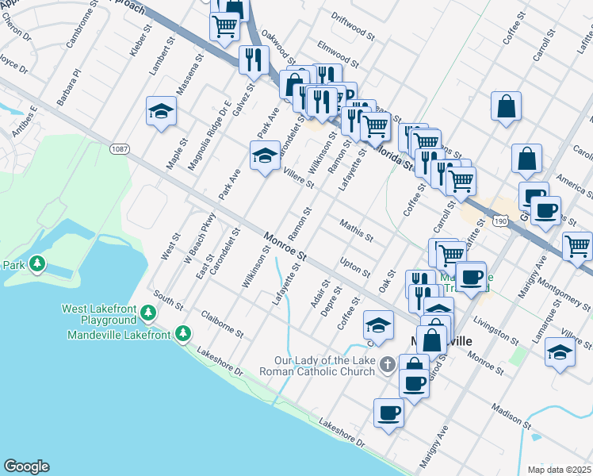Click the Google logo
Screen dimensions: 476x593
(x=26, y=466)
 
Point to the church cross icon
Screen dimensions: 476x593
(x=387, y=365)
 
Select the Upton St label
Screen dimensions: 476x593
(x=354, y=267)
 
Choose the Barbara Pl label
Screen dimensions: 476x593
(x=69, y=86)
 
